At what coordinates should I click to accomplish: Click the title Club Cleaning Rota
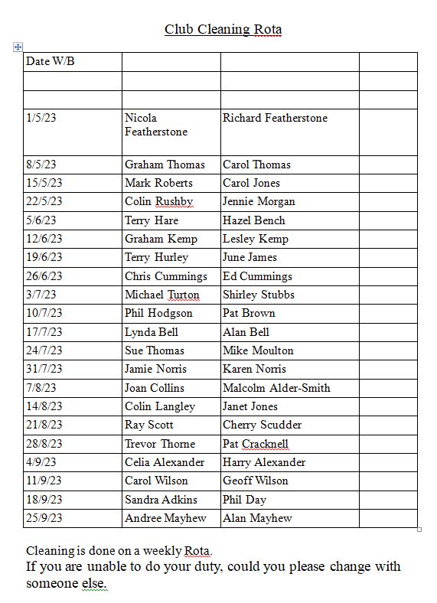[x=223, y=30]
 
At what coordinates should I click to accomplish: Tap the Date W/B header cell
[x=51, y=61]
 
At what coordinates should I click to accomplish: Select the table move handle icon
[x=18, y=47]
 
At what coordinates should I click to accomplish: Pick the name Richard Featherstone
[x=275, y=118]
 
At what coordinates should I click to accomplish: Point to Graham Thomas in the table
[x=165, y=165]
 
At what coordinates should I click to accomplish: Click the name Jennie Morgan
[x=259, y=201]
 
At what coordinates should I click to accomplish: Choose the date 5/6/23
[x=41, y=220]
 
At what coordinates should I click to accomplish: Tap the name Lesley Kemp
[x=256, y=239]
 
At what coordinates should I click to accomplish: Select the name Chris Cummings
[x=166, y=276]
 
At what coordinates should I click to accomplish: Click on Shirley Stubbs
[x=259, y=295]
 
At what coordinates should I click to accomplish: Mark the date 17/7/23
[x=44, y=332]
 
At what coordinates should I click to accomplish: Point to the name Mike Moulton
[x=258, y=350]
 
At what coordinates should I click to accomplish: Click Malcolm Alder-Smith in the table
[x=276, y=388]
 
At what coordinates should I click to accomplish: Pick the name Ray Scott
[x=149, y=425]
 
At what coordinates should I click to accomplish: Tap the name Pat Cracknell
[x=256, y=444]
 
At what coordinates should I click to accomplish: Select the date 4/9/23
[x=41, y=462]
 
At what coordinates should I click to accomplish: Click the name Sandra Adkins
[x=161, y=500]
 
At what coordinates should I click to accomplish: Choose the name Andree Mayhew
[x=165, y=518]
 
